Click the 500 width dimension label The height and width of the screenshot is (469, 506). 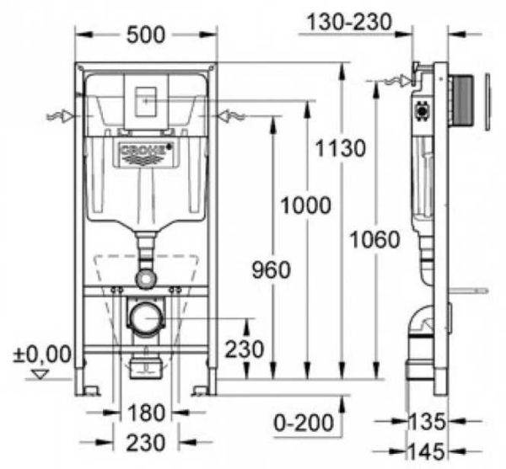pos(146,35)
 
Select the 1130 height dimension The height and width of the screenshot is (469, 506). pos(341,148)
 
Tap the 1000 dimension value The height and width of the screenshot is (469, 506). pos(305,205)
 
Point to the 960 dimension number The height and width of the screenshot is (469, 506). pos(271,270)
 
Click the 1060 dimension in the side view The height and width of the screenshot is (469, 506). pos(374,240)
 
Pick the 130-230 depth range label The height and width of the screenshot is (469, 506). pos(349,22)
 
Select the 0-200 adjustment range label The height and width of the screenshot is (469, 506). pos(304,423)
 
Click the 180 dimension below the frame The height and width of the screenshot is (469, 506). pos(146,413)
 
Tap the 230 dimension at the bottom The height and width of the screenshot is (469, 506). pos(146,443)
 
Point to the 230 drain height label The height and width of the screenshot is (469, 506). pos(244,349)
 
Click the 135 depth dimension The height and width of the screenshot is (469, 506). pos(427,421)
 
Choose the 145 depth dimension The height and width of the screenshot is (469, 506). pos(427,451)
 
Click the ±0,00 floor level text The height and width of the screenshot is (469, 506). pos(42,354)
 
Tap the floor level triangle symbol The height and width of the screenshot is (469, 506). pos(40,375)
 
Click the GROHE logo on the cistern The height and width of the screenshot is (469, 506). pos(146,153)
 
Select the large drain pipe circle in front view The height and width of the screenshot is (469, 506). pos(146,317)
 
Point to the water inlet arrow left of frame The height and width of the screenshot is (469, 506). pos(61,116)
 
